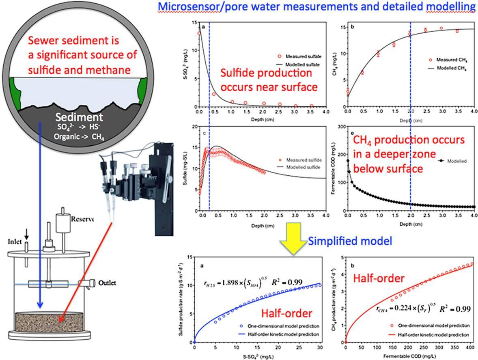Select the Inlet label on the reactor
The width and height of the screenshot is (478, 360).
coord(14,241)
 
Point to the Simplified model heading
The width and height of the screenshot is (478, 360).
coord(350,241)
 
